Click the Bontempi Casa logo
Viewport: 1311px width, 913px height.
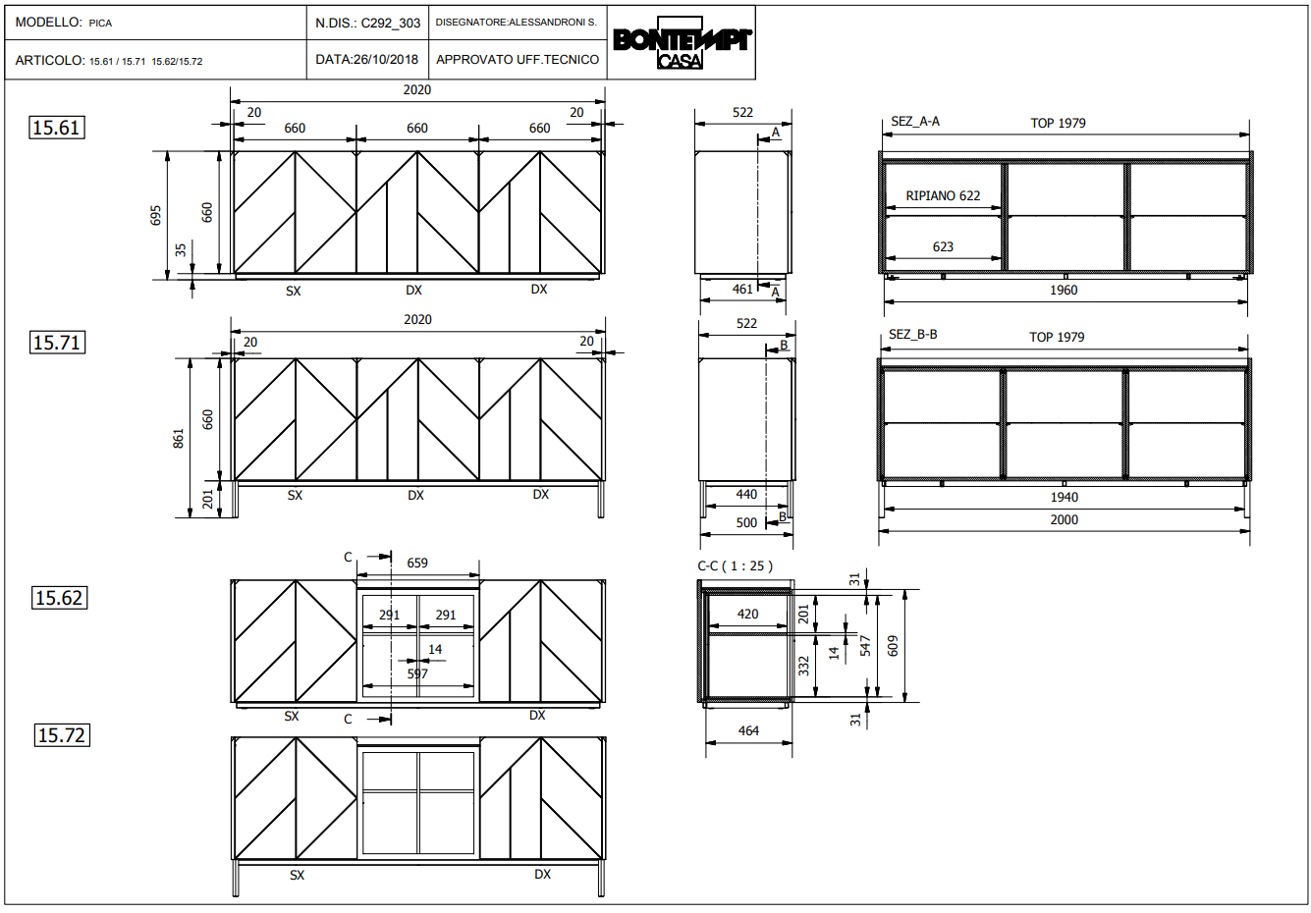tap(682, 42)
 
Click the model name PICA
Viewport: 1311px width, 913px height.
tap(100, 24)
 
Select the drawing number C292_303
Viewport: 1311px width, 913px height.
tap(391, 24)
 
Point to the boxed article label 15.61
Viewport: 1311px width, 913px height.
tap(56, 128)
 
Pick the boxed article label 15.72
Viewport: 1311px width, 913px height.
tap(62, 735)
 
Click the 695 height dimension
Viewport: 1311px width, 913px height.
tap(155, 215)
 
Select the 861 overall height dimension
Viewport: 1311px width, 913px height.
tap(179, 439)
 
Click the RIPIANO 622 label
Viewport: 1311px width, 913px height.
tap(943, 196)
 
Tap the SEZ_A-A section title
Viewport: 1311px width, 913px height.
tap(915, 122)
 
